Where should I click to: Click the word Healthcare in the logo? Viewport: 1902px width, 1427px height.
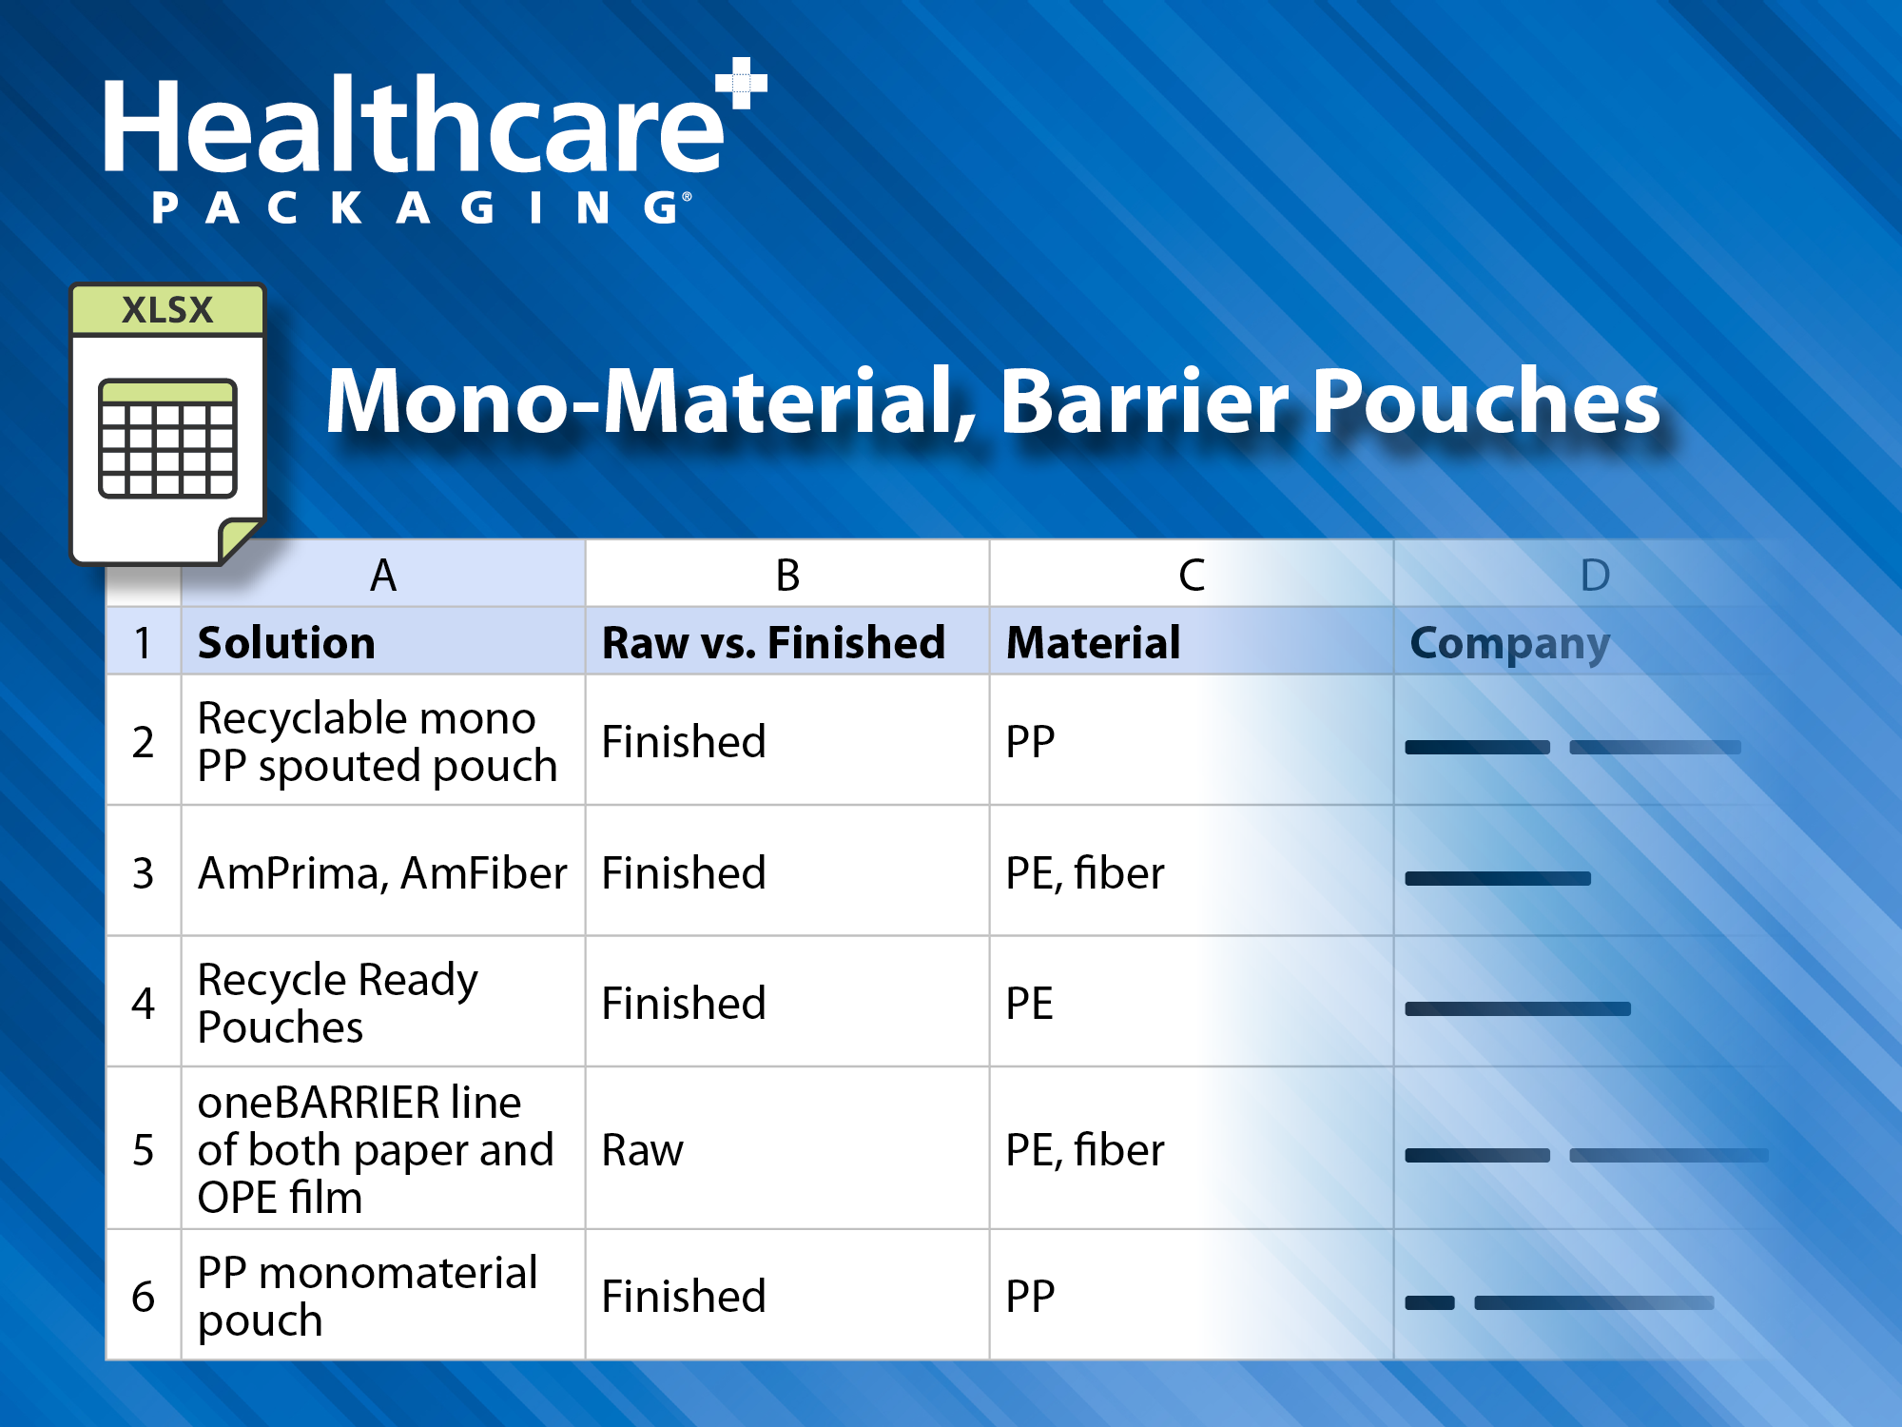pos(414,128)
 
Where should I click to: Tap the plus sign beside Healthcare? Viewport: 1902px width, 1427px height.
pos(743,84)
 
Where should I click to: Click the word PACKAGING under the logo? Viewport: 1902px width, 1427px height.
pos(418,207)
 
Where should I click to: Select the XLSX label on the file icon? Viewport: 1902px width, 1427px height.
pos(167,310)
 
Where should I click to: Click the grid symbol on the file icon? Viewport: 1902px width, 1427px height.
pos(167,438)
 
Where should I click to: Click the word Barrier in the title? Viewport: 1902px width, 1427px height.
pos(1143,401)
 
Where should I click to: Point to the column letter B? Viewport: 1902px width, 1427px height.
pos(787,575)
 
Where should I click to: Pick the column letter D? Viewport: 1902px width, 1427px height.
pos(1595,575)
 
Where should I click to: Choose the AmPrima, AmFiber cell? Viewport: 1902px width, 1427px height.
pos(382,872)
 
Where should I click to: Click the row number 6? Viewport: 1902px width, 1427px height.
pos(143,1296)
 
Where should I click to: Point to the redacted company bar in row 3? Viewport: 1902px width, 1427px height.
pos(1498,878)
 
